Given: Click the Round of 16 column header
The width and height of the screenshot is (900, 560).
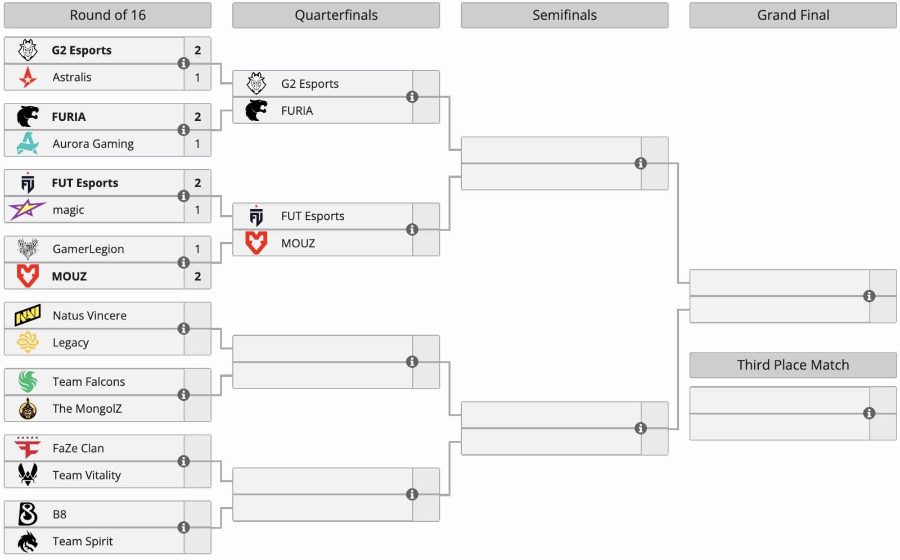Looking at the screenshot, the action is (107, 15).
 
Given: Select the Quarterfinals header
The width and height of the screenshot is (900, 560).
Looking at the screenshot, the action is (336, 15).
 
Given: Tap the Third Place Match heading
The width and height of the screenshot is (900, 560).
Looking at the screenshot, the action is (793, 365).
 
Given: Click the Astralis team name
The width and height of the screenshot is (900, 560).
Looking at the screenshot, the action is (72, 77).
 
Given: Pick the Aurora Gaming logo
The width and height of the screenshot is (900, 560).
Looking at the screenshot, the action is (28, 143).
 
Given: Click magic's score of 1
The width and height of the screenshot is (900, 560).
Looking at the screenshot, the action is (197, 210).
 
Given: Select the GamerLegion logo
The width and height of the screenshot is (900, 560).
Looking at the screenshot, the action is (28, 249).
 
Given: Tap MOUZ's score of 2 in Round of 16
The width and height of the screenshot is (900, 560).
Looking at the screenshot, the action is (197, 277).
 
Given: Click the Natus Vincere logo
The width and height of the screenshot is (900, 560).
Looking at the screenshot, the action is (28, 315).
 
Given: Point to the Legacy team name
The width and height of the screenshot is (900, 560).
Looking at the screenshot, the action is (71, 342).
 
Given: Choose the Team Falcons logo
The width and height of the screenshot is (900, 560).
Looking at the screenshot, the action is (28, 382).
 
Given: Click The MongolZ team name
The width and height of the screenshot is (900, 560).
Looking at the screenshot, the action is (87, 409).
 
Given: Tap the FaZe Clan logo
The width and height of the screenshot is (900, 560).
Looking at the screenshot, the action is (28, 448).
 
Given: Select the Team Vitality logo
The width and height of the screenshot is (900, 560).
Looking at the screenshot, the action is (28, 475).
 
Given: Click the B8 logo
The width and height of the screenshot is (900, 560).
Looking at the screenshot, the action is (28, 514).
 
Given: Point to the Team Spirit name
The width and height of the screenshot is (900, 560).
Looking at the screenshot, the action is (83, 541).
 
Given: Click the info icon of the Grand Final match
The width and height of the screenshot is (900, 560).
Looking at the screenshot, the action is (869, 296).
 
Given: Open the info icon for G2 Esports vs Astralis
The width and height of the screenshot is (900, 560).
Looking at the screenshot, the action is (183, 64).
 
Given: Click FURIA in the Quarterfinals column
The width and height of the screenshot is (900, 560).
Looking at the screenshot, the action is (297, 110).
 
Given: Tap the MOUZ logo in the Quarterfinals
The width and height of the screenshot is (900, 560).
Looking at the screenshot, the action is (256, 243).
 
